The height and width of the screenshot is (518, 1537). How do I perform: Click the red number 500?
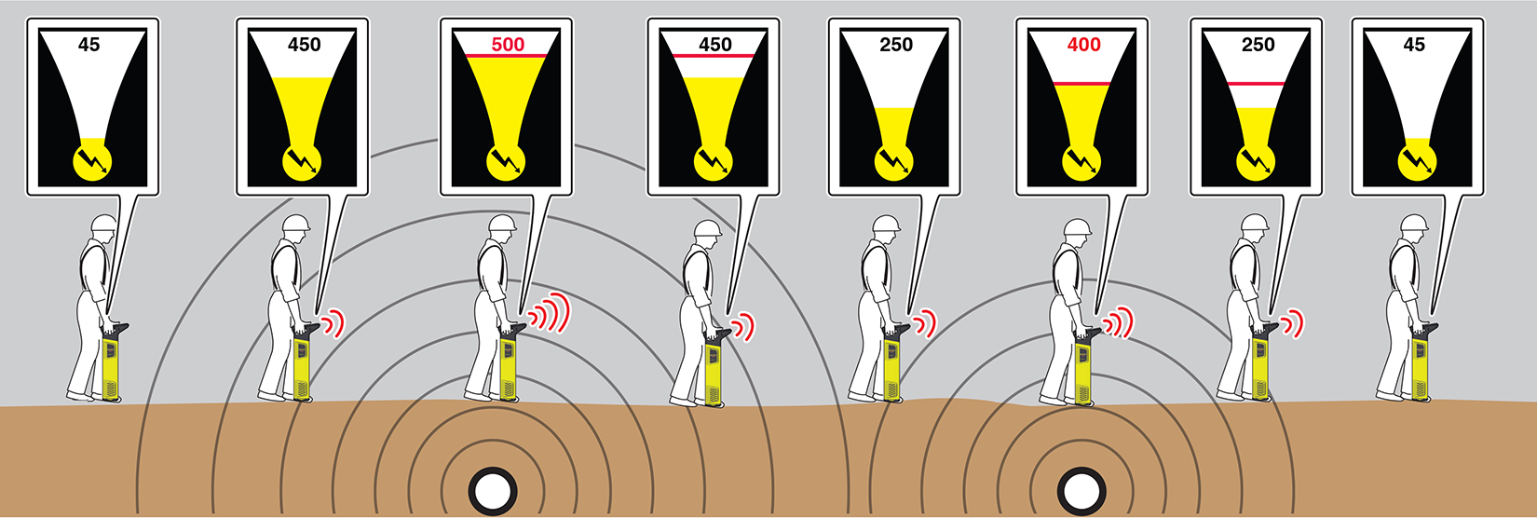508,45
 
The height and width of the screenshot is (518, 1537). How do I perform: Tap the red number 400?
1084,45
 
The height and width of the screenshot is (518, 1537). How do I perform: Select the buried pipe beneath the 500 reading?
493,492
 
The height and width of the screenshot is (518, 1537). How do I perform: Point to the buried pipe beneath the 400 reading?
1082,492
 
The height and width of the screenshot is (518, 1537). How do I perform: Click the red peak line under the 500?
507,56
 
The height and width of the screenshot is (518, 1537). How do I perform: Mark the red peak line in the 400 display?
1082,84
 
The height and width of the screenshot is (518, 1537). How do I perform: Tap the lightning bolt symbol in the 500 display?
507,162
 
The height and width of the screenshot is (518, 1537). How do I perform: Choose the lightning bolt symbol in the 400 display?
1082,162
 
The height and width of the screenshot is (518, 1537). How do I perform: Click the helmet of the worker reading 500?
502,223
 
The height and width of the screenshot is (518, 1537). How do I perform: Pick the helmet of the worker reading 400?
1077,227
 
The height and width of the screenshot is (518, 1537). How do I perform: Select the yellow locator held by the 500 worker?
510,363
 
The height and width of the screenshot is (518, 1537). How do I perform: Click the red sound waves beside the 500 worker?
548,313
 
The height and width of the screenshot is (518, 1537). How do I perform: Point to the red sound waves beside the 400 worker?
1119,322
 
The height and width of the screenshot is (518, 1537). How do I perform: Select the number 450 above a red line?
715,45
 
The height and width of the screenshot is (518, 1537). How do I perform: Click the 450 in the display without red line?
304,45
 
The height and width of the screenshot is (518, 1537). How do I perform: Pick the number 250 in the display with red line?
1258,45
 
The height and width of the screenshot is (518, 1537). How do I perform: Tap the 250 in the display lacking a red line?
896,45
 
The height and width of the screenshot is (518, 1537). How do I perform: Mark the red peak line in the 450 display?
714,56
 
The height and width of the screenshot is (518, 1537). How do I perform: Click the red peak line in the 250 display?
1256,84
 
